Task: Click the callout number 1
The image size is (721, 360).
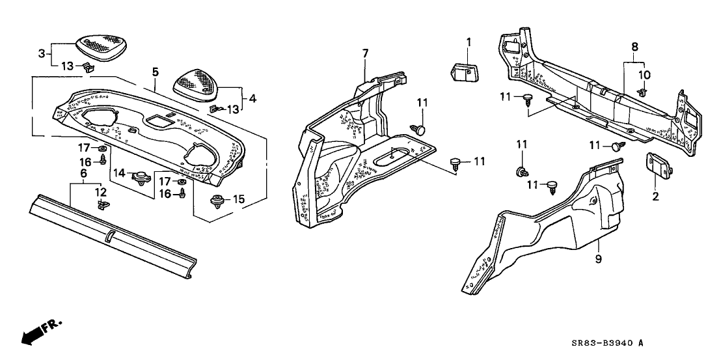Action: (x=468, y=43)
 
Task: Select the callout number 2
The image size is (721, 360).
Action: (x=655, y=196)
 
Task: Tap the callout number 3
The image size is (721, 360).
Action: (x=42, y=54)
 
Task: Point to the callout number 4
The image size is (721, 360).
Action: (x=253, y=100)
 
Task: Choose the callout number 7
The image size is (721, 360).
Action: (x=365, y=52)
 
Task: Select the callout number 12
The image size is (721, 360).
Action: (x=100, y=191)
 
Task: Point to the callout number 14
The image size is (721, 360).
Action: (x=119, y=173)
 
